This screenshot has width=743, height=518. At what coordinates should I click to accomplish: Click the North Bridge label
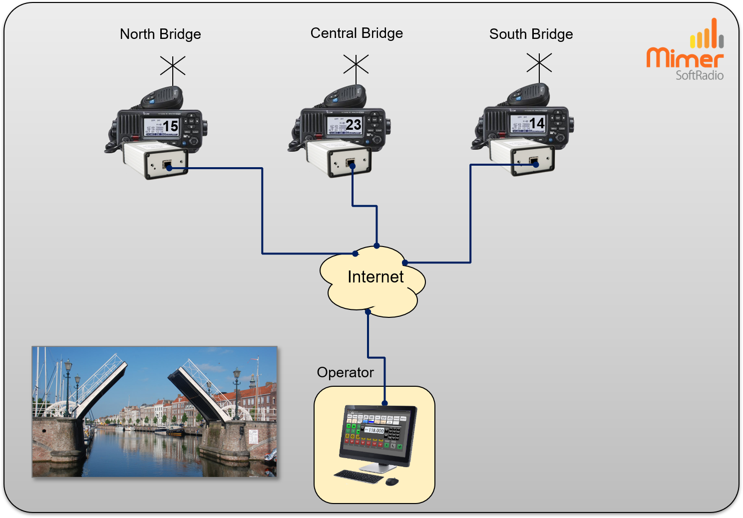click(x=160, y=34)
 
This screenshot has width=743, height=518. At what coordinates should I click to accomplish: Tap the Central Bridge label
click(x=357, y=33)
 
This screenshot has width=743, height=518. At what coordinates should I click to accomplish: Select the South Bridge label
click(x=531, y=34)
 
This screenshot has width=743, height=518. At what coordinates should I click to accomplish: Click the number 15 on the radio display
click(x=171, y=126)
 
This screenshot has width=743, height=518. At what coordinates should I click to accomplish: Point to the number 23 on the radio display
click(x=354, y=125)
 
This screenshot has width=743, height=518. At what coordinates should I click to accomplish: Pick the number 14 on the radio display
click(x=537, y=123)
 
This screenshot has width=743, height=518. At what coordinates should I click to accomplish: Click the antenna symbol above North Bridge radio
click(x=173, y=66)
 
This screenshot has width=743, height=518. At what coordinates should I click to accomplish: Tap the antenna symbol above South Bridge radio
click(x=539, y=63)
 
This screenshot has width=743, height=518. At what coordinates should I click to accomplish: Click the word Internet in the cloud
click(x=375, y=277)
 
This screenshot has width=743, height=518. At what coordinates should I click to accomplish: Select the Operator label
click(x=345, y=373)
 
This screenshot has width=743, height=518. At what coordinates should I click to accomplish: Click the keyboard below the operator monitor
click(x=358, y=476)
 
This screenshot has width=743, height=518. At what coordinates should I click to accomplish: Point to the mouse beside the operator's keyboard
click(x=392, y=481)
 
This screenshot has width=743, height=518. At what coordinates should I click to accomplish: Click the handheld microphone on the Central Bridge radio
click(x=346, y=96)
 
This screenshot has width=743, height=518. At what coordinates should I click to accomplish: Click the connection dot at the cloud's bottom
click(x=368, y=312)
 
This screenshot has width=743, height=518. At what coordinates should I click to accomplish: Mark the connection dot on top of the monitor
click(x=384, y=403)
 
